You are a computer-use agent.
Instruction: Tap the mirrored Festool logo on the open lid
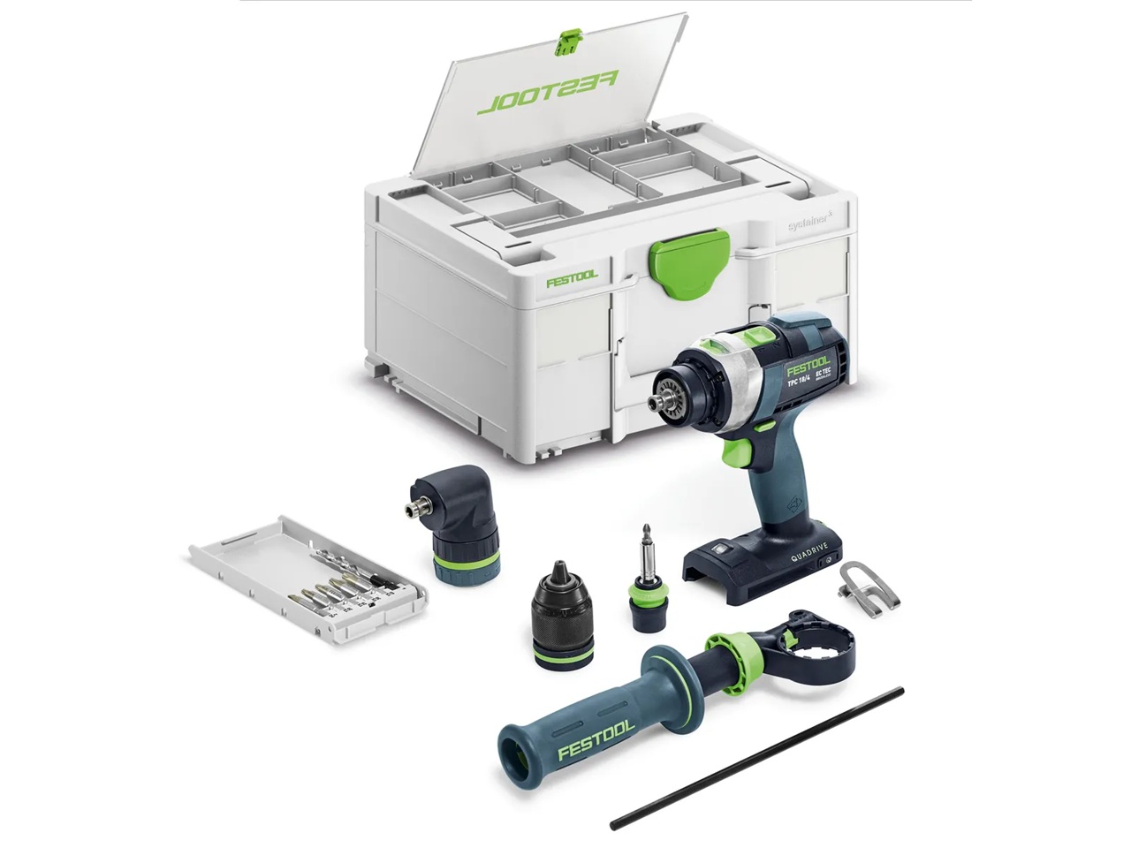click(548, 93)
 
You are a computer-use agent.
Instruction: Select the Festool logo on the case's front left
click(572, 279)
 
